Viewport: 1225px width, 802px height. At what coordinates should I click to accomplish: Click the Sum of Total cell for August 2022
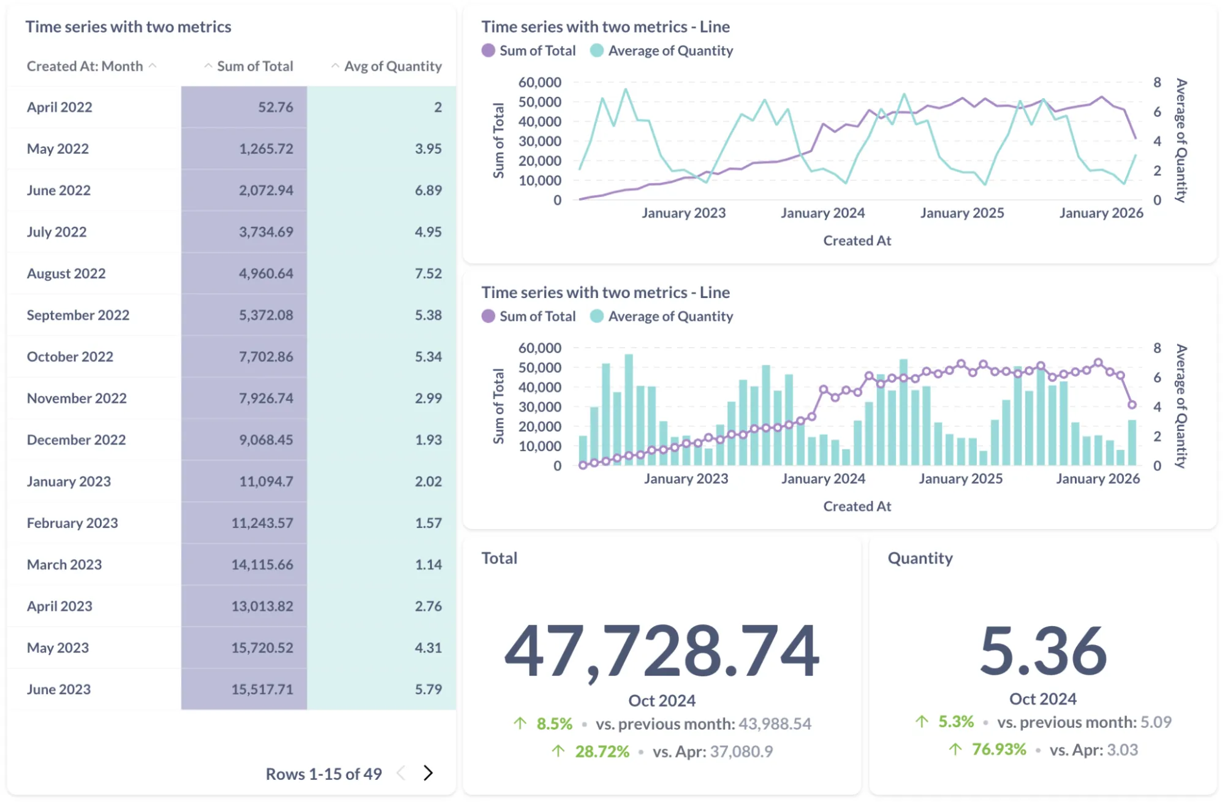(265, 273)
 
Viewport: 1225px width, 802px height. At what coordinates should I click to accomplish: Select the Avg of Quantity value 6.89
(428, 190)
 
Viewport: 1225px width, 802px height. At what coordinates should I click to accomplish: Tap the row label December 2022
(76, 440)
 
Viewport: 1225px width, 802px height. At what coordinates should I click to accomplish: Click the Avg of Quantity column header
(392, 66)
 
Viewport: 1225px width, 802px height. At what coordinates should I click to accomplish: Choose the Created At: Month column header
(85, 66)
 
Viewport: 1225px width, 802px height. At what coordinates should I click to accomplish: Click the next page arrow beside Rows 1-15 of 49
(428, 773)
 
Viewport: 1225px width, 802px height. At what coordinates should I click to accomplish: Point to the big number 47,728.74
(661, 651)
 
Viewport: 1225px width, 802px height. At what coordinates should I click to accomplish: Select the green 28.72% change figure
(602, 752)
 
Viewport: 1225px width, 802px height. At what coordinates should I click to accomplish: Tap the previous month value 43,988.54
(775, 724)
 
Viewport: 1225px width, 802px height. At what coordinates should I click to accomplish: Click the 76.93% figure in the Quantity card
(998, 750)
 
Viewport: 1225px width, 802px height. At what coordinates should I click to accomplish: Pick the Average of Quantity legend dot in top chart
(597, 51)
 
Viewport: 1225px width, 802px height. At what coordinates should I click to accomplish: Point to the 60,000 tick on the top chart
(539, 82)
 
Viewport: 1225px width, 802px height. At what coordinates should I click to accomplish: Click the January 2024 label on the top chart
(822, 213)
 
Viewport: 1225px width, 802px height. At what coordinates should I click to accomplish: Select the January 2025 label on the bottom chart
(960, 479)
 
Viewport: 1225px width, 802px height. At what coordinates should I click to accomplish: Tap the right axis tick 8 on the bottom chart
(1157, 348)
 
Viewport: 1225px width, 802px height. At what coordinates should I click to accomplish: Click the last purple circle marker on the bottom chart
(1132, 405)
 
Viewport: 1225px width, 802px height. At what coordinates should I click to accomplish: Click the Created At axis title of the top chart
(857, 241)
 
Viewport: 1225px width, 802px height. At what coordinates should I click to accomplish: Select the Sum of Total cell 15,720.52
(262, 647)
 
